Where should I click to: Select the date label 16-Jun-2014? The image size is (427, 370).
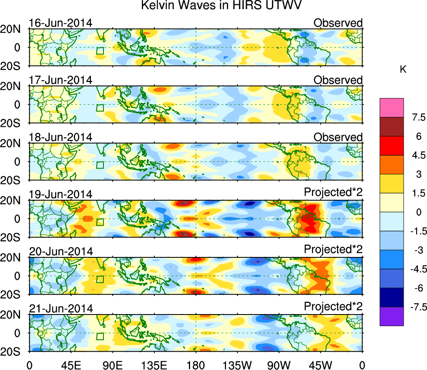click(x=60, y=23)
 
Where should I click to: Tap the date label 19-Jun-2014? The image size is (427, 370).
click(x=60, y=194)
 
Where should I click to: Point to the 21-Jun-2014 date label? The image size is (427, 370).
click(x=60, y=309)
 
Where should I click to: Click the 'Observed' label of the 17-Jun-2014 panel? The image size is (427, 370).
click(x=338, y=80)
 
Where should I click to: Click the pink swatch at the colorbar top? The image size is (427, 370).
click(x=392, y=108)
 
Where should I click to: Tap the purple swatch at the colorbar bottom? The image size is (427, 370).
click(x=392, y=316)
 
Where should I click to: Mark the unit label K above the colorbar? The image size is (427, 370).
click(x=403, y=70)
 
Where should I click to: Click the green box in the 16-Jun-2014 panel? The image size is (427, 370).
click(x=99, y=51)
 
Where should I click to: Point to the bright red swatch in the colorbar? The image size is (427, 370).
click(x=392, y=146)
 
